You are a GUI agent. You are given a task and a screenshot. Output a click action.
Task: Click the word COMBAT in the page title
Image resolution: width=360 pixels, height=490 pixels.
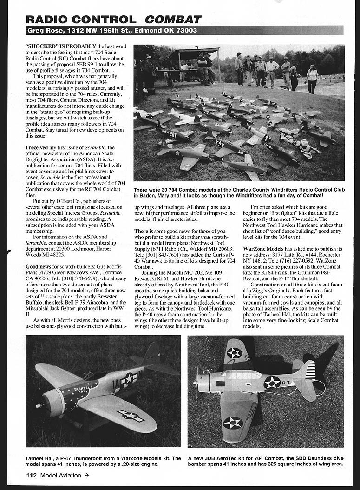(173, 19)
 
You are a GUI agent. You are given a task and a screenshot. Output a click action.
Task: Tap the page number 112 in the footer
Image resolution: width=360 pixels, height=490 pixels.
(31, 475)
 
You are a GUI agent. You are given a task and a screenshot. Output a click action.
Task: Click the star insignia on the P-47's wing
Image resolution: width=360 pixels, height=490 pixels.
(131, 415)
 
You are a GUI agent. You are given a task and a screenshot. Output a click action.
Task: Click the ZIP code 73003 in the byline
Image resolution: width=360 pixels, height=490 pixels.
(186, 31)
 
